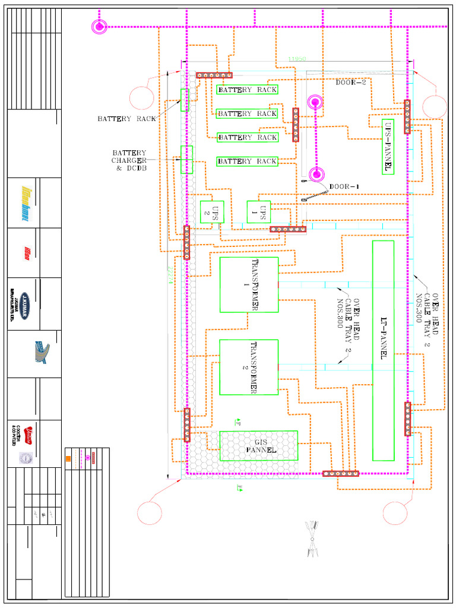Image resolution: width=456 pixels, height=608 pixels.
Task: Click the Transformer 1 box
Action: [249, 284]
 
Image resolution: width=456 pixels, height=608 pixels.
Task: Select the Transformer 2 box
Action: [249, 367]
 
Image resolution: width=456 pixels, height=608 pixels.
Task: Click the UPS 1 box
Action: [258, 212]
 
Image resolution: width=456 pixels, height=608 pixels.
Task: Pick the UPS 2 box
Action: [211, 212]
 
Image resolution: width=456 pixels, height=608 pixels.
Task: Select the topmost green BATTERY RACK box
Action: [247, 90]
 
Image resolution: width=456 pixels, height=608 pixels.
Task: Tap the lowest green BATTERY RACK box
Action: [247, 161]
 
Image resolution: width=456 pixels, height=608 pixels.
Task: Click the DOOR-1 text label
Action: [344, 186]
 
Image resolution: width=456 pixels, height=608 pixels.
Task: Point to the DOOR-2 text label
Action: [351, 83]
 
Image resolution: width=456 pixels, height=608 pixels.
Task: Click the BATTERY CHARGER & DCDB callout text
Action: [129, 160]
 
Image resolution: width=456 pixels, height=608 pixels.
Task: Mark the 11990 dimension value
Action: [297, 59]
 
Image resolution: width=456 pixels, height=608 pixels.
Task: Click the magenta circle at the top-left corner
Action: [99, 26]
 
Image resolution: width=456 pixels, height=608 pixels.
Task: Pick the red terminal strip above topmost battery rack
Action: [214, 75]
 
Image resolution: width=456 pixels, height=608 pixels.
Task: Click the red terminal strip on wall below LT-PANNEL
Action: [340, 474]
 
